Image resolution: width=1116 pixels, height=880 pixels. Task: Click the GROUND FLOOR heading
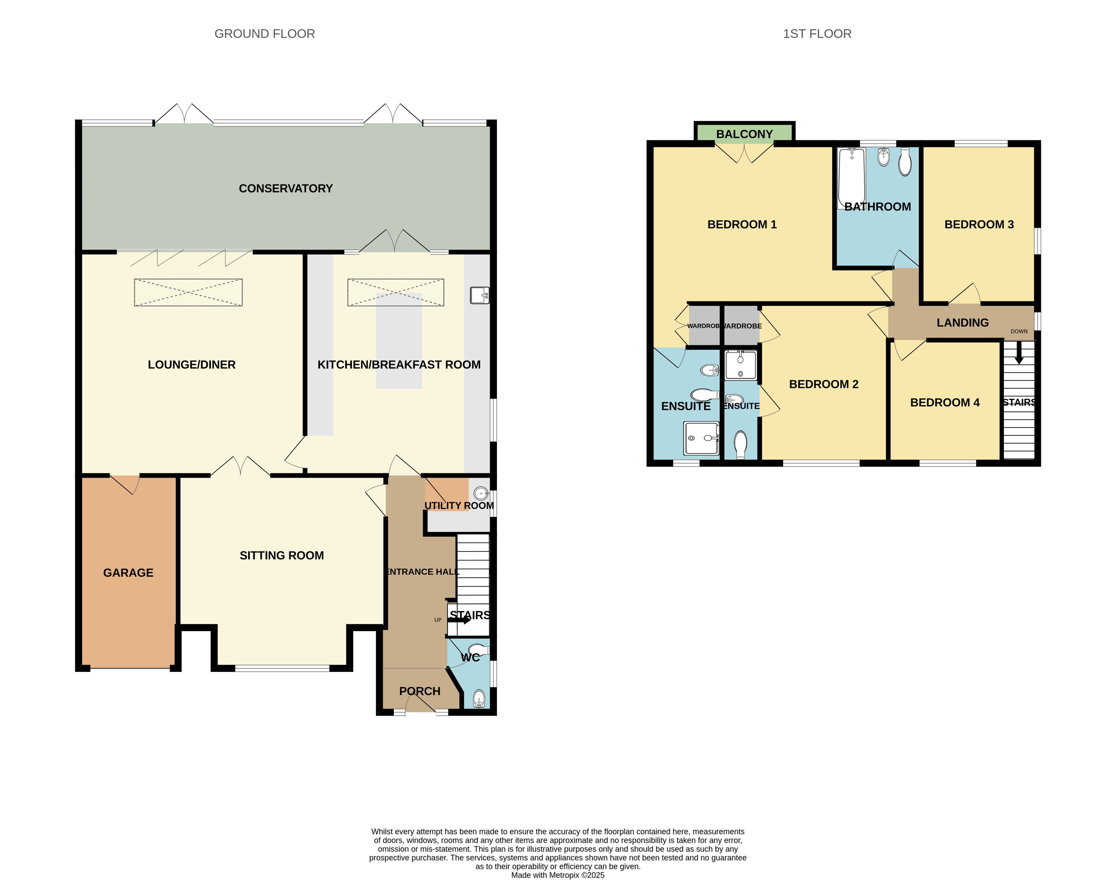(x=264, y=34)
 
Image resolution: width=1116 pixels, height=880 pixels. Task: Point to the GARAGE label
(x=128, y=573)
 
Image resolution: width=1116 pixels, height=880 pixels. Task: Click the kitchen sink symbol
(x=480, y=295)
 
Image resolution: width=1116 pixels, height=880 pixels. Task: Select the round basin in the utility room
(x=481, y=494)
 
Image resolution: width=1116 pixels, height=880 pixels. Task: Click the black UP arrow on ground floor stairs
(x=459, y=620)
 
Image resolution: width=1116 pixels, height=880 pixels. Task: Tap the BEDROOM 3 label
(x=979, y=225)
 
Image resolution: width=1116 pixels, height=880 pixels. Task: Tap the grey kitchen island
(x=399, y=341)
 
